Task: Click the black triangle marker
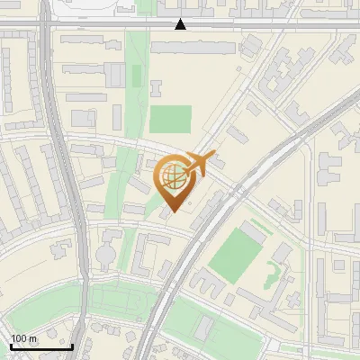point(181,24)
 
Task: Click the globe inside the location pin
point(174,177)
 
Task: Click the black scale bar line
point(41,346)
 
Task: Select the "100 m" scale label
point(23,338)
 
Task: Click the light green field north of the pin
point(170,120)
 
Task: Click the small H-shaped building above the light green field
point(156,88)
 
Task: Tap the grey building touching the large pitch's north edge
point(253,232)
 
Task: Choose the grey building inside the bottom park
point(203,325)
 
